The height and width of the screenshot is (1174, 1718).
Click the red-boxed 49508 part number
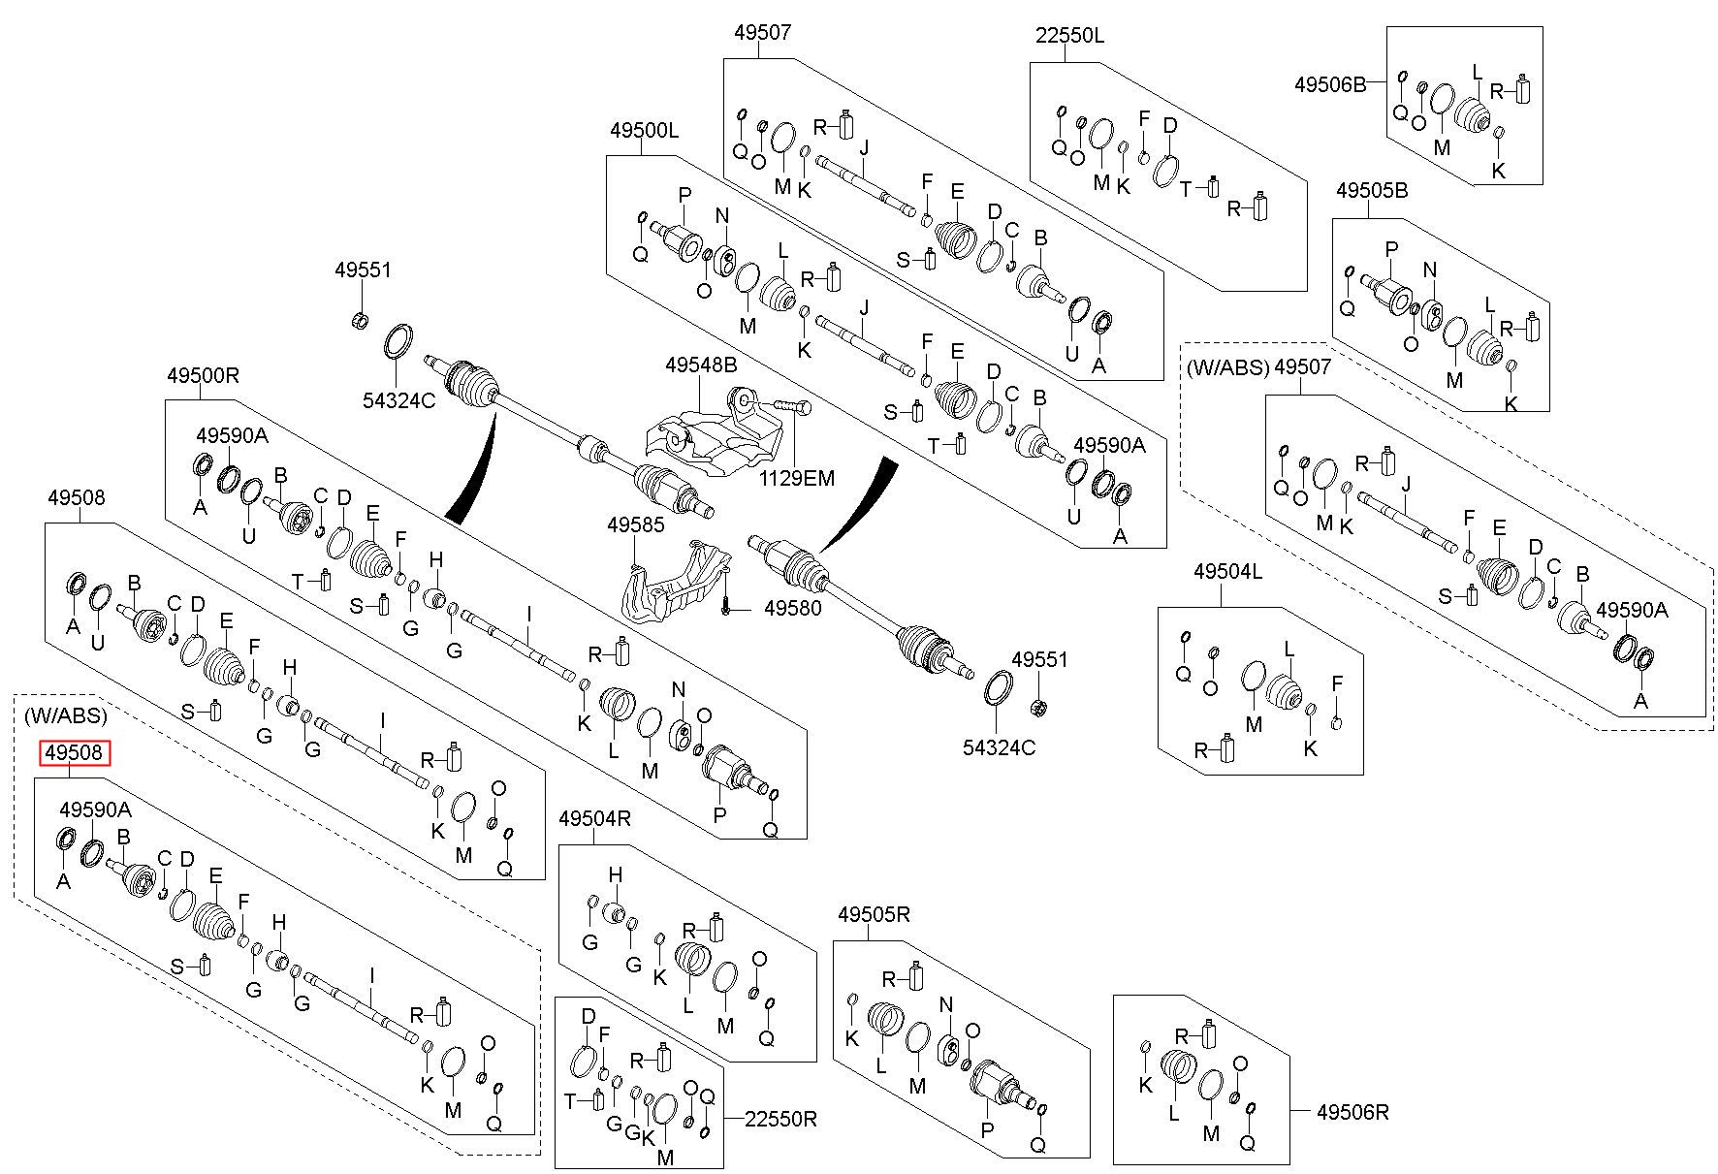pos(76,753)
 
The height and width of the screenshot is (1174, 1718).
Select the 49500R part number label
pos(203,375)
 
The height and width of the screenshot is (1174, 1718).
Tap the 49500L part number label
pos(645,130)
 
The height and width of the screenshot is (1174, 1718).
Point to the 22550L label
pos(1070,37)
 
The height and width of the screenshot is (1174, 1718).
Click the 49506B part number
pos(1330,84)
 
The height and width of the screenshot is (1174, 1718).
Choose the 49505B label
pos(1372,191)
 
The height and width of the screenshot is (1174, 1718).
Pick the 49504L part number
pos(1228,572)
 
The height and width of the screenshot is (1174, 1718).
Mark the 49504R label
pos(595,818)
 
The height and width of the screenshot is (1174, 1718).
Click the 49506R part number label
pos(1352,1113)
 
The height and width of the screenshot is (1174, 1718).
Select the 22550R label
pos(781,1119)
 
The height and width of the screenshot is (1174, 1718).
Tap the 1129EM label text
pos(796,478)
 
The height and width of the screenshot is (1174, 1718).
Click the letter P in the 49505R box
pos(987,1130)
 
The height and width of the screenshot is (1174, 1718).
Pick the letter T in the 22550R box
pos(571,1101)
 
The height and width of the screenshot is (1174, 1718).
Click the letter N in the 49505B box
pos(1428,270)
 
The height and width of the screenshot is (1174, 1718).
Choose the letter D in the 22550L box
pos(1170,125)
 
